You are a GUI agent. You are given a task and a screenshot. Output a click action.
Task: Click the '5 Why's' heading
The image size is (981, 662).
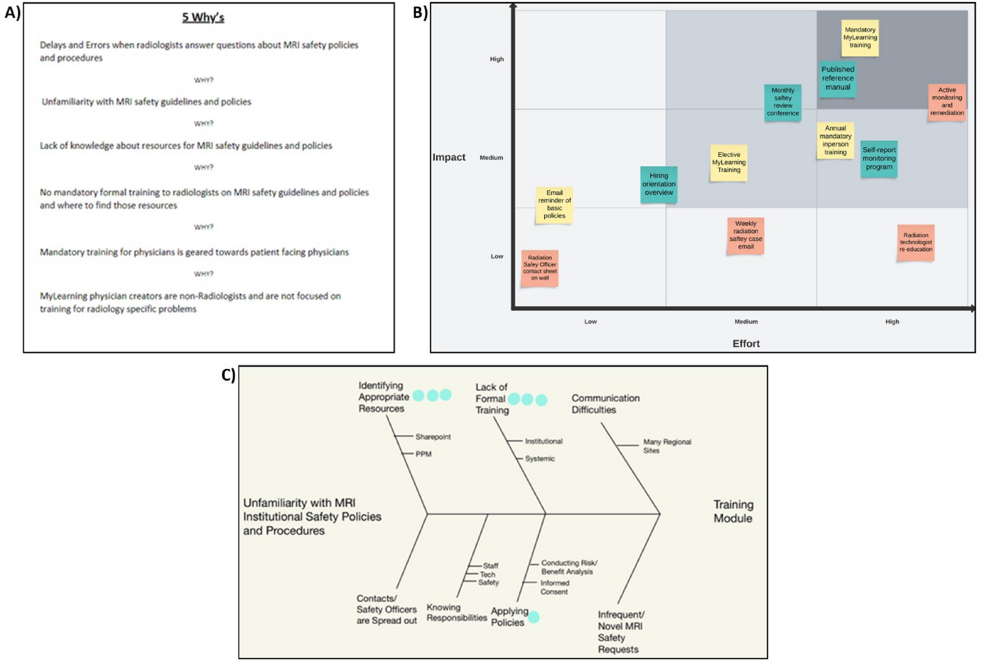pos(203,18)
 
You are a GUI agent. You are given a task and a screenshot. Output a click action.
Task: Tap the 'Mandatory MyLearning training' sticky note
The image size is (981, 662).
pos(860,38)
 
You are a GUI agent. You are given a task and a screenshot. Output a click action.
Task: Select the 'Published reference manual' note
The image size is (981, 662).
pos(837,79)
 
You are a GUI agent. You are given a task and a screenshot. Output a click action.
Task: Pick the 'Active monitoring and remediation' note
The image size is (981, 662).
pos(947,102)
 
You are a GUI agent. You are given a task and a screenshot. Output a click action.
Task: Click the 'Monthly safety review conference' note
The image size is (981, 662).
pos(783,102)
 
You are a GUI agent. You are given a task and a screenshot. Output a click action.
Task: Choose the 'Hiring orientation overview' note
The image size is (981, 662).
pos(658,184)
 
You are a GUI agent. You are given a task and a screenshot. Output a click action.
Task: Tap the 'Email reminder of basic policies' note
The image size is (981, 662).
pos(554,204)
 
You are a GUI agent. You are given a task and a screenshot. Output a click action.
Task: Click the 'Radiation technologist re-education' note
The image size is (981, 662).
pos(915,243)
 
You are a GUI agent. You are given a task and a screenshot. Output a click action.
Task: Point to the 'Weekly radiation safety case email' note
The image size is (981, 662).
pos(745,235)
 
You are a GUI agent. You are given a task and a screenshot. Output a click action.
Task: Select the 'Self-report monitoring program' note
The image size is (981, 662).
pos(878,159)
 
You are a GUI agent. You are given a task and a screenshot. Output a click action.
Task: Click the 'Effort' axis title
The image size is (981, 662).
pos(746,344)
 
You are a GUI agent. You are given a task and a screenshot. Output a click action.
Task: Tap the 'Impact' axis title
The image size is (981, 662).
pos(449,157)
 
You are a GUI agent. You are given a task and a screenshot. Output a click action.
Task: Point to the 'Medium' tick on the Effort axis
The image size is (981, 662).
pos(746,322)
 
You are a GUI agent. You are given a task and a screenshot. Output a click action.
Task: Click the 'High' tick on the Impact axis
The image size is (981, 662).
pos(497,59)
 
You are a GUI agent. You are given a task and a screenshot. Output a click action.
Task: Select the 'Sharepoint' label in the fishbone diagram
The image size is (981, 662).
pos(433,437)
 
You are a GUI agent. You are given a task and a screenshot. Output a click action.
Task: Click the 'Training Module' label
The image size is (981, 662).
pos(733,511)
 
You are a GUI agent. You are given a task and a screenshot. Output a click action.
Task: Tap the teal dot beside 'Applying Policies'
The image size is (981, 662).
pos(534,617)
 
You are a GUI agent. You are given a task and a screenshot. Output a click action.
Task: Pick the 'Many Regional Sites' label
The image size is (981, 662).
pos(667,446)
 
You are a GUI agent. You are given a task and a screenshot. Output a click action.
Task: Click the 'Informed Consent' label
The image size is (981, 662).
pos(554,587)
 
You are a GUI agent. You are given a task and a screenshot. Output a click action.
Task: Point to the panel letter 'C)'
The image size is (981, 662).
pos(228,375)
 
